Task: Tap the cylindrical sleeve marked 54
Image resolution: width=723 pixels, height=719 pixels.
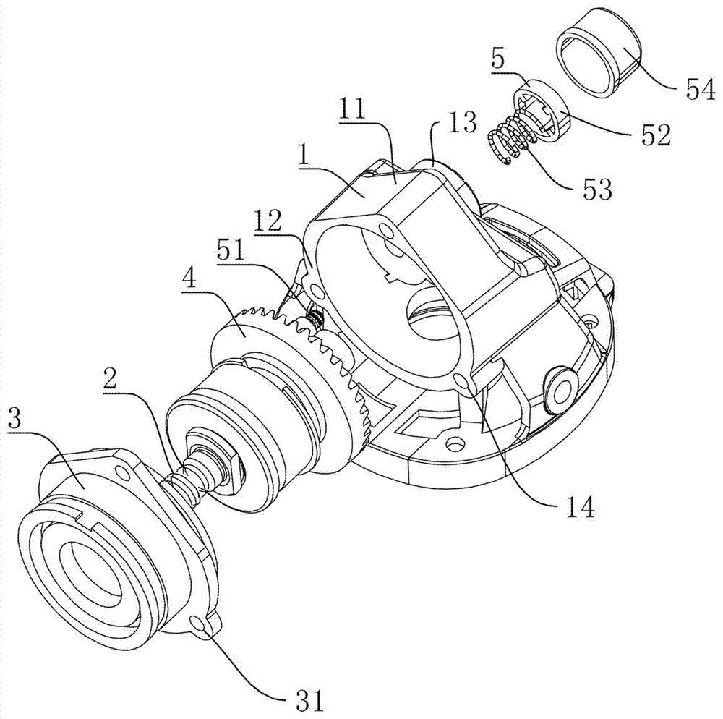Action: click(596, 54)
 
